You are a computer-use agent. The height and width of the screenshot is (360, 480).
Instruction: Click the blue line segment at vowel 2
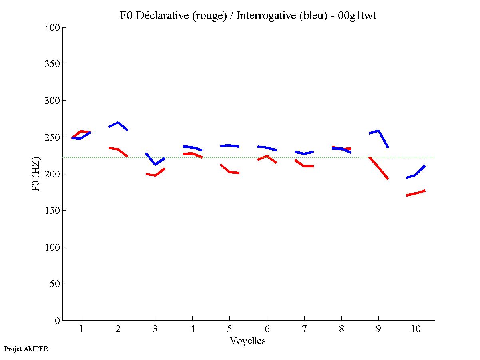pos(118,123)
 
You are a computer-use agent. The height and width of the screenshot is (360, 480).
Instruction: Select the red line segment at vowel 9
pos(378,168)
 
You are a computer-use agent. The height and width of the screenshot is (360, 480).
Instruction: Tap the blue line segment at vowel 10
pos(416,175)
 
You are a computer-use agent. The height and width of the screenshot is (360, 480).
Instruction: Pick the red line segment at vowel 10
pos(416,193)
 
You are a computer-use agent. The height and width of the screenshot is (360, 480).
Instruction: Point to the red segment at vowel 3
pos(155,175)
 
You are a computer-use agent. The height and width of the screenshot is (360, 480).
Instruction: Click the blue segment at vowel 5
pos(229,145)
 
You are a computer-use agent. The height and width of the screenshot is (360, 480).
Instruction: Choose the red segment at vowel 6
pos(267,156)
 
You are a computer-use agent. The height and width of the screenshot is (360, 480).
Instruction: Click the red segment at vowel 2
pos(118,149)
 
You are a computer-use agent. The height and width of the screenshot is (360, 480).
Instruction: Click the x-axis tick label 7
pos(304,329)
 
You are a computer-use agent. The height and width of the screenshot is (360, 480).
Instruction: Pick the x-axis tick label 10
pos(416,329)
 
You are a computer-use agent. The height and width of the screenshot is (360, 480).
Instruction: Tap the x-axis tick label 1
pos(81,329)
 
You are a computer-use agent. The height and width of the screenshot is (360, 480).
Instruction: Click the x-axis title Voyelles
pos(248,341)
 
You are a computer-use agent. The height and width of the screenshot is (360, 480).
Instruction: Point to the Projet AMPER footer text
pos(26,349)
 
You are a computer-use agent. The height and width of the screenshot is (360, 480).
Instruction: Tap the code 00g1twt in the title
pos(357,16)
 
